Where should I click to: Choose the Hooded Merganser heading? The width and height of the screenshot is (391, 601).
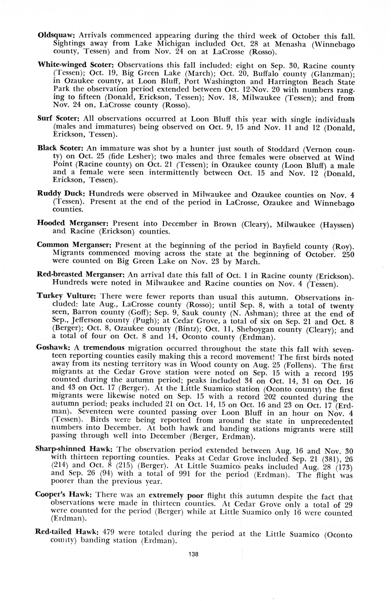tap(73, 223)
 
